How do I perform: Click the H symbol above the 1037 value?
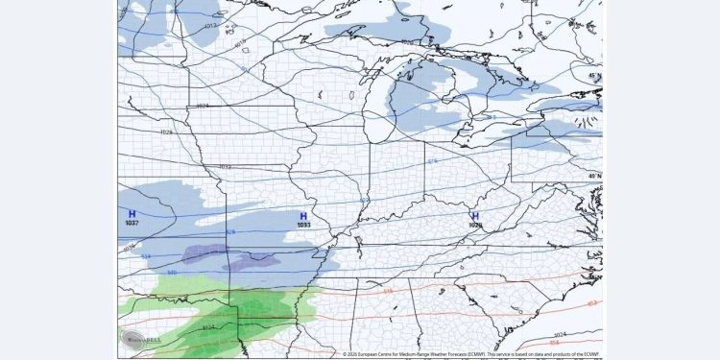pos(132,213)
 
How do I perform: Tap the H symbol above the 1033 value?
pos(303,216)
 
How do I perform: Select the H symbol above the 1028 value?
pos(474,216)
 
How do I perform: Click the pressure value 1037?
pos(132,223)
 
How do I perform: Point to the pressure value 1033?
pos(303,226)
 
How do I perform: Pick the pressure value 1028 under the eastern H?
pos(474,226)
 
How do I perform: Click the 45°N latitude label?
pos(595,76)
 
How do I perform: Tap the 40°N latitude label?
pos(595,176)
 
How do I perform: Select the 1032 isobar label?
pos(226,167)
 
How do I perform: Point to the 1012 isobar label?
pos(210,26)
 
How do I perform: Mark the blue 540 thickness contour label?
pos(172,273)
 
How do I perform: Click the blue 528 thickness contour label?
pos(230,231)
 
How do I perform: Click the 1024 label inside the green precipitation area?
pos(210,328)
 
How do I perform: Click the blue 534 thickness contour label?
pos(146,257)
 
